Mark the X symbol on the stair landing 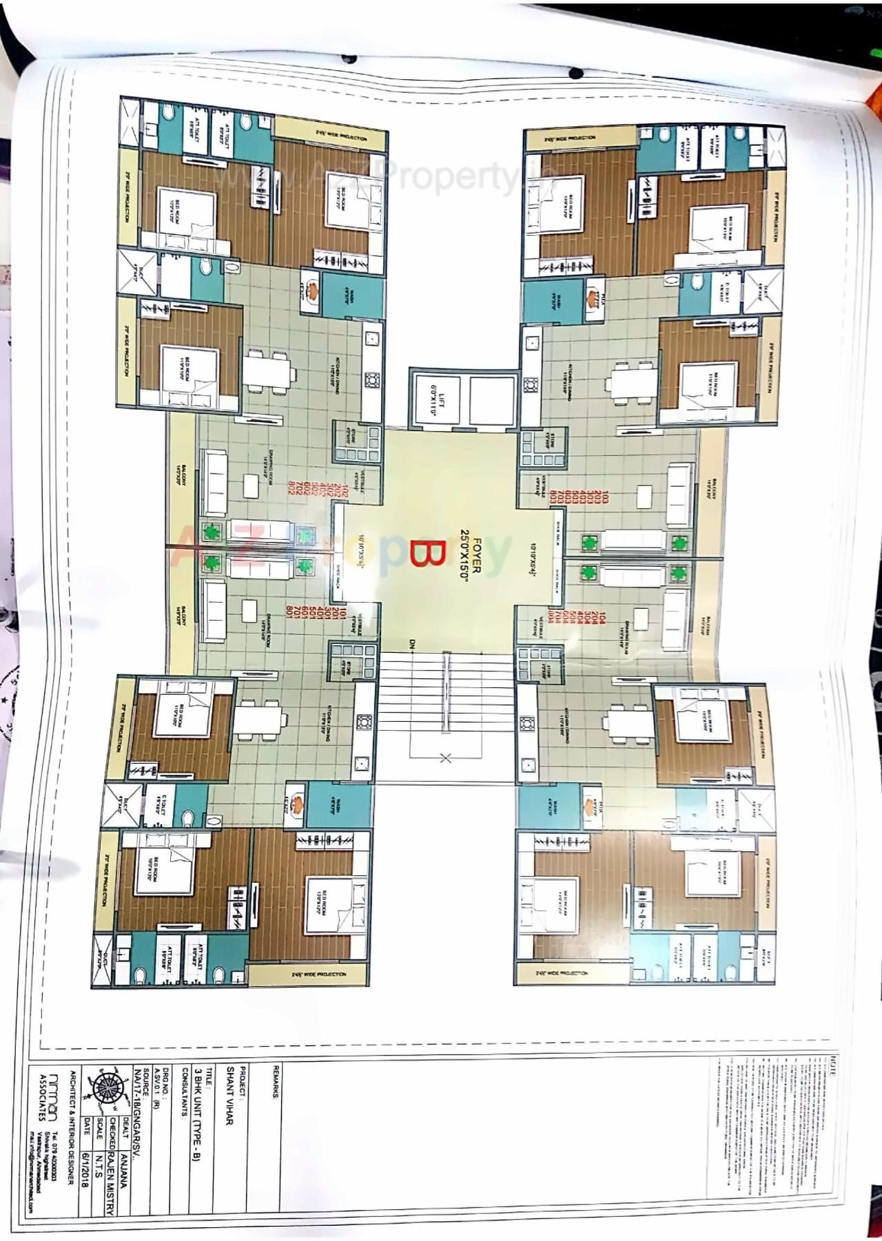tap(445, 758)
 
